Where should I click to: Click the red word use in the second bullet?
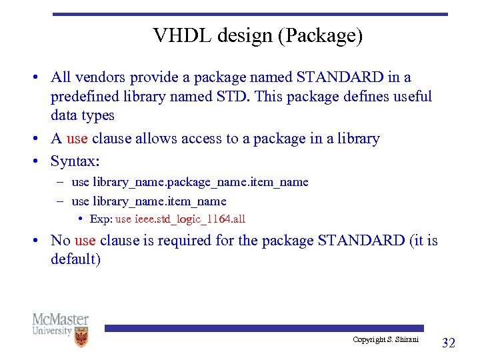click(77, 139)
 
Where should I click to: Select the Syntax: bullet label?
click(75, 162)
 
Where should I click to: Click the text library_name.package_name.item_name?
click(201, 182)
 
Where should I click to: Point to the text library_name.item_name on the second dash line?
click(159, 201)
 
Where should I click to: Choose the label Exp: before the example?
click(102, 219)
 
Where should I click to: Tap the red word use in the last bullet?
click(85, 240)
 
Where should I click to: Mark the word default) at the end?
click(75, 259)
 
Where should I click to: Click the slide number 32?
click(449, 343)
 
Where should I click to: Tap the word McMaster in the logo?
click(60, 319)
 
